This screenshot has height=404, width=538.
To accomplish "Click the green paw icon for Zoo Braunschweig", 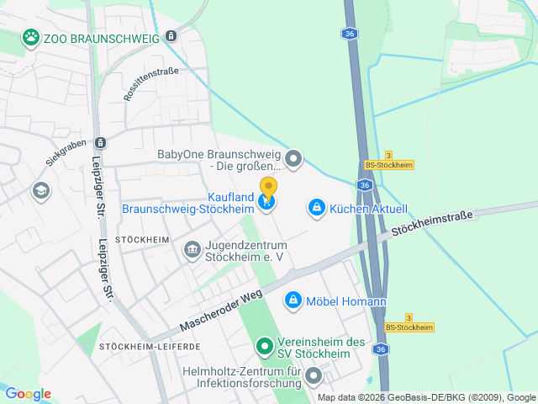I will coord(31,37).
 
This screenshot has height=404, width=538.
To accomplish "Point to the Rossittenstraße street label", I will coord(151,85).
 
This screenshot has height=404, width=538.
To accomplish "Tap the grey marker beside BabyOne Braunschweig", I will coord(293,157).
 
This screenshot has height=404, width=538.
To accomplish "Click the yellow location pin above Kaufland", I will coord(268,188).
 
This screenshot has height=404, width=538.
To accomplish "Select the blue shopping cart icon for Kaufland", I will coord(267,202).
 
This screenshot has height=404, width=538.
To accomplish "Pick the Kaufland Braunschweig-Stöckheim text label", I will coord(188,202).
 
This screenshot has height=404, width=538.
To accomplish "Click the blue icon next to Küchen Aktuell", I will coord(316,206).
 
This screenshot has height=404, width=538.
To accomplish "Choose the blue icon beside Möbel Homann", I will coord(293,300).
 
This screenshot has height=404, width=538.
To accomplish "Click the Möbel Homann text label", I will coord(345,301).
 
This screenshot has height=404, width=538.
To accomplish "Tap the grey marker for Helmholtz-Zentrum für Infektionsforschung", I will coord(314,375).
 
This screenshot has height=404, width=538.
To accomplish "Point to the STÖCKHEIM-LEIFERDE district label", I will coord(150,346).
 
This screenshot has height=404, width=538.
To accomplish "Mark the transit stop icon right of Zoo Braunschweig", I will coord(171,36).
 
